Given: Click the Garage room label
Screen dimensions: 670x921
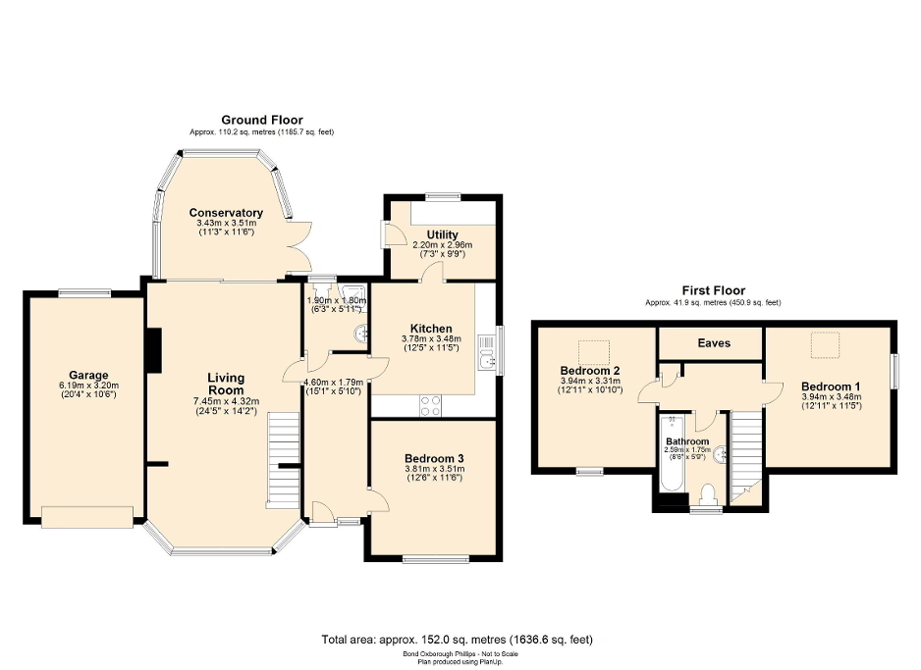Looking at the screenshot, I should [x=86, y=375].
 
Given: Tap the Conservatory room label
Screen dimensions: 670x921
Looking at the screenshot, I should [x=226, y=213].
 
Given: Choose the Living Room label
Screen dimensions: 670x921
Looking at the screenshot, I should [x=226, y=384].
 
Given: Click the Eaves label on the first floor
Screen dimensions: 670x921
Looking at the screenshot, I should [x=714, y=343].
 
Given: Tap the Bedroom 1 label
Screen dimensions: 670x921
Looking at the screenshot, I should [x=831, y=386].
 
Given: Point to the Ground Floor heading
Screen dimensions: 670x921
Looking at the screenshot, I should [x=262, y=119].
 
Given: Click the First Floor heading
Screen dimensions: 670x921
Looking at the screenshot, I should [x=714, y=290].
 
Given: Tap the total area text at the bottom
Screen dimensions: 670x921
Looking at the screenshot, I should [x=458, y=640].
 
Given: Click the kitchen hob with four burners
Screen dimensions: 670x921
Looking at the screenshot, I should [x=430, y=405].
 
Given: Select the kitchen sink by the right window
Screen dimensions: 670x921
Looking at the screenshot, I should [x=486, y=352].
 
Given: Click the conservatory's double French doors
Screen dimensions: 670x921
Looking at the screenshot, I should [x=300, y=246].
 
